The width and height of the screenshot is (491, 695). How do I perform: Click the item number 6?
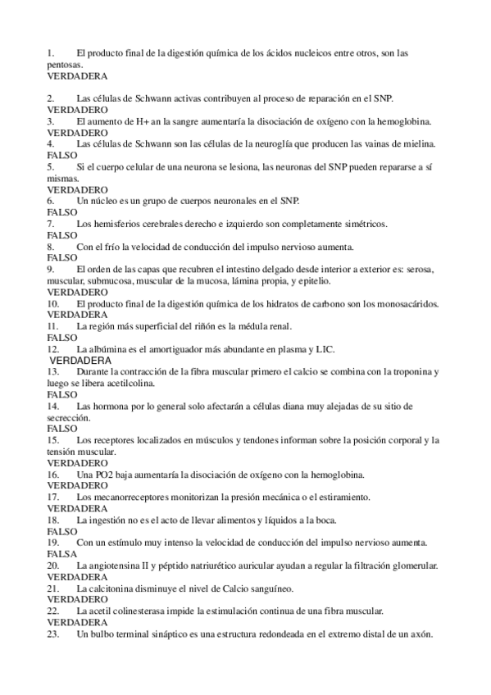pos(51,201)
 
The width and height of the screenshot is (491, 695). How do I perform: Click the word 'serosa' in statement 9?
pos(418,270)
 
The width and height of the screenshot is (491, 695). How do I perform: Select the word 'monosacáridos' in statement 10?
pos(407,303)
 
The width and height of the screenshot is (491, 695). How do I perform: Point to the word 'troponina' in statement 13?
pos(410,372)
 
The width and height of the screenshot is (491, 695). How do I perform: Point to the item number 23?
pos(53,634)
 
